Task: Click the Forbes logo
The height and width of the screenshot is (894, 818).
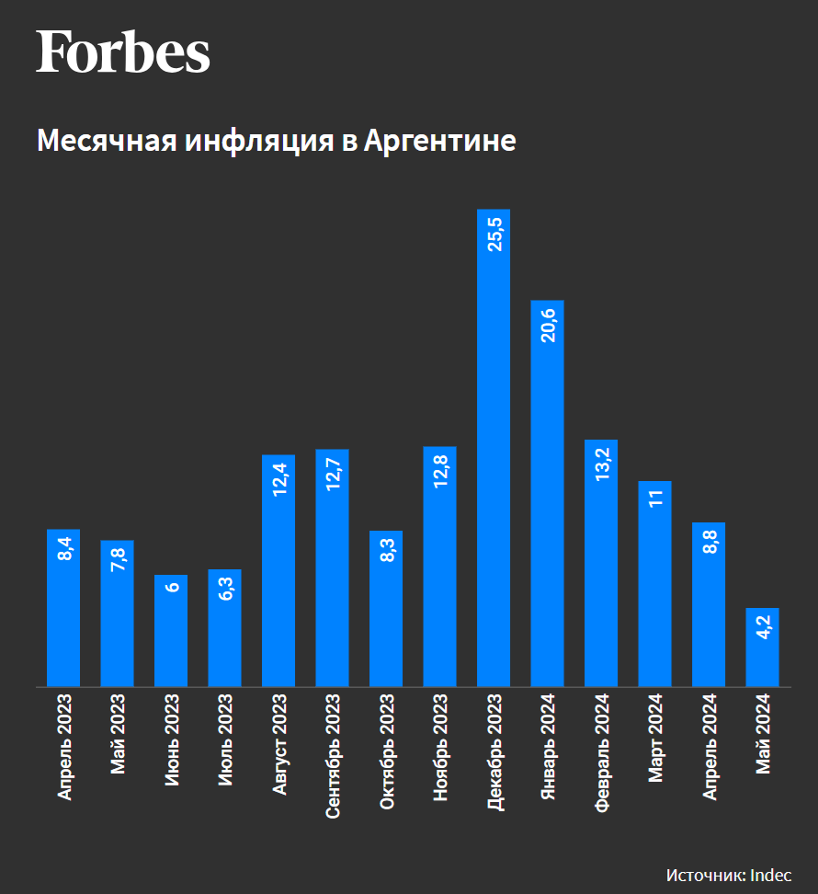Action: tap(123, 52)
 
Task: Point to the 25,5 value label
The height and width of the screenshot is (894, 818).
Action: tap(494, 234)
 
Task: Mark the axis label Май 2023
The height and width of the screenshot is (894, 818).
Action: tap(118, 737)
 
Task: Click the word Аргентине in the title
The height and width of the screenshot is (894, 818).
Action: tap(439, 141)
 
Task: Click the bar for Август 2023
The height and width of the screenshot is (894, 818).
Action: tap(278, 570)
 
